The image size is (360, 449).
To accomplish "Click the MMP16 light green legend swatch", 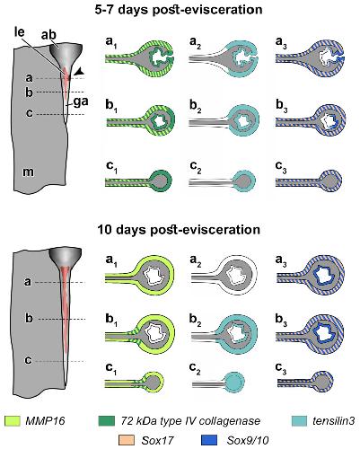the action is [x=13, y=421].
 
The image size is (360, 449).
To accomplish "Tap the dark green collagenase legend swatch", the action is [x=107, y=421].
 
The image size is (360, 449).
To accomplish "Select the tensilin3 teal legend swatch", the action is [x=299, y=421].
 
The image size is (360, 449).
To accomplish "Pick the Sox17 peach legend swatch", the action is [x=127, y=440].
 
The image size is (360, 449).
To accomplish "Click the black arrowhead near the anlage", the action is [x=79, y=71].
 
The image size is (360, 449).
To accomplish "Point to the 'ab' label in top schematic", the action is [x=48, y=35].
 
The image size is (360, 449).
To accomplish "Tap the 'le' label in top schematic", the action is [x=19, y=31].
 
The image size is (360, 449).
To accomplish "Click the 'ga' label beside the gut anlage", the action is [x=81, y=102].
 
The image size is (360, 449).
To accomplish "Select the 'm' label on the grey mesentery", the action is [x=29, y=172].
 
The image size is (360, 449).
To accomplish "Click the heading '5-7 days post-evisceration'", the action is [x=179, y=10].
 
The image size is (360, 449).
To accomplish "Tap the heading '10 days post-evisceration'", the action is [x=179, y=230].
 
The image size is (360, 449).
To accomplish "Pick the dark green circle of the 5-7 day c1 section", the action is [x=162, y=180].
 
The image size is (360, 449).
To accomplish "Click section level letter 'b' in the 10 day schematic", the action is [x=29, y=319].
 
